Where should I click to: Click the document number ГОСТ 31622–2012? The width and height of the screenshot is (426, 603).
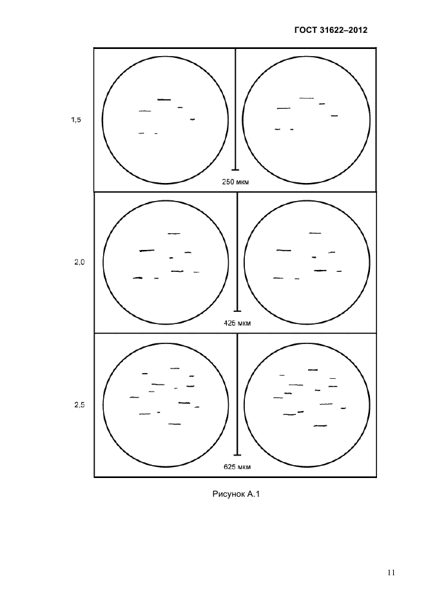(331, 30)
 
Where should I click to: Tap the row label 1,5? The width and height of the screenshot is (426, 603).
(76, 120)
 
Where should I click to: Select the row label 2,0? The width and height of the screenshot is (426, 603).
(79, 263)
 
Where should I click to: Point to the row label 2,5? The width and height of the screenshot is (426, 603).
(79, 405)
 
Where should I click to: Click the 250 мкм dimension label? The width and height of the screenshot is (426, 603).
(235, 182)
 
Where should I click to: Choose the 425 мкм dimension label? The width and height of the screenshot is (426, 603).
(237, 323)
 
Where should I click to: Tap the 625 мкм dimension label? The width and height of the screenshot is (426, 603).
(237, 467)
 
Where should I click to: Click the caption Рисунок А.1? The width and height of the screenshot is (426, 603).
(237, 494)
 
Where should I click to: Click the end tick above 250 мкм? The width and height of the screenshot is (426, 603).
(235, 169)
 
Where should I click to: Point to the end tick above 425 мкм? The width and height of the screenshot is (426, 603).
(237, 311)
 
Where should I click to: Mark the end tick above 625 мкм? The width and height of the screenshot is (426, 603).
(237, 455)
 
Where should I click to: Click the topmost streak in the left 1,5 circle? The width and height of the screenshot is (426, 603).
(164, 100)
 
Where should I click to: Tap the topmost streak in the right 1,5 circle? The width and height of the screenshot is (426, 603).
(307, 98)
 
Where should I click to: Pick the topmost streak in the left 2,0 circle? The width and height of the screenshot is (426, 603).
(174, 233)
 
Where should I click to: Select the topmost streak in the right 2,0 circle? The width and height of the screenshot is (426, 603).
(315, 233)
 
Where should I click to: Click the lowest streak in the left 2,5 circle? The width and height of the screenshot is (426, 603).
(175, 424)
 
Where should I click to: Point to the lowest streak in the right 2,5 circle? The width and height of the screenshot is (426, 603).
(320, 426)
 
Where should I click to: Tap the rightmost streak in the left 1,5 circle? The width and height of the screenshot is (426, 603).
(193, 120)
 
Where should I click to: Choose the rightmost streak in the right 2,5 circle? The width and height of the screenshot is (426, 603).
(344, 408)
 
